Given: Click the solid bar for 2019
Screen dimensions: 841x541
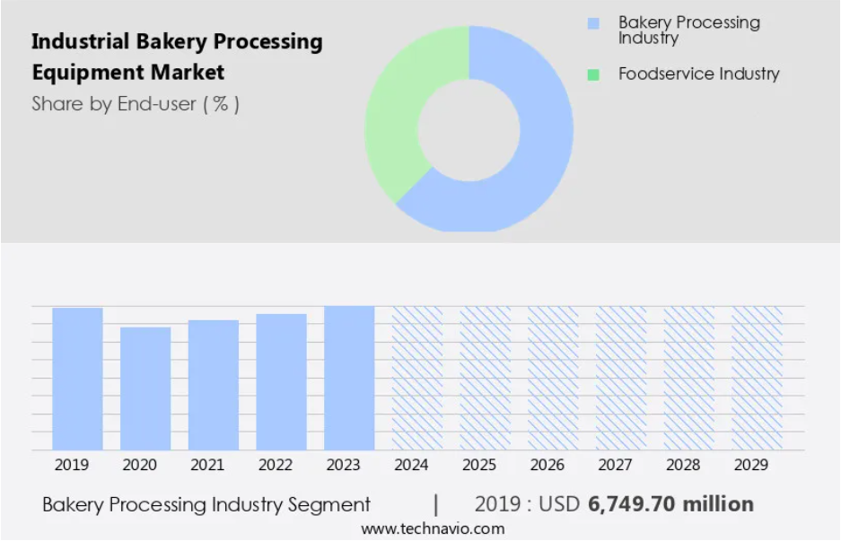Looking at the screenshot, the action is point(77,379).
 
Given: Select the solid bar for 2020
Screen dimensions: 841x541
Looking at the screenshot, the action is point(145,388).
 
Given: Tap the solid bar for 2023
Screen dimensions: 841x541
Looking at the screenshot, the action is point(349,378).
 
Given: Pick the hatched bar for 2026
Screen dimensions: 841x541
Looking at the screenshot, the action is point(553,378).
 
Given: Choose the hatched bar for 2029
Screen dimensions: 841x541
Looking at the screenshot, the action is point(757,378).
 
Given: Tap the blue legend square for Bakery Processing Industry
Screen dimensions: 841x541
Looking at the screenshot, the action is point(593,23).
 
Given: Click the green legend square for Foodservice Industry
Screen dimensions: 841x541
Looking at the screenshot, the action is point(593,74).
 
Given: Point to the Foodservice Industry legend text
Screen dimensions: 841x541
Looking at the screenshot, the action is point(699,74).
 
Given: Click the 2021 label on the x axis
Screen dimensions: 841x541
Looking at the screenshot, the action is point(207,465).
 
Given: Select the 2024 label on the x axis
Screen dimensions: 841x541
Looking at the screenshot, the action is point(411,465).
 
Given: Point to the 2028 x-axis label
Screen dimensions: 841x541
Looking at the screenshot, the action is point(683,465).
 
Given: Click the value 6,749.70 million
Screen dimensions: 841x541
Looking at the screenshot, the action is point(671,504).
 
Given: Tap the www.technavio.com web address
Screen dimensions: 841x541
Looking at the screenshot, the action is point(433,529).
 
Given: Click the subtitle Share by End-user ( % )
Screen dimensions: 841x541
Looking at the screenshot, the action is point(136,103).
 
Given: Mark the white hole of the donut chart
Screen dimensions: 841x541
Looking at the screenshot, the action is point(469,130).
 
